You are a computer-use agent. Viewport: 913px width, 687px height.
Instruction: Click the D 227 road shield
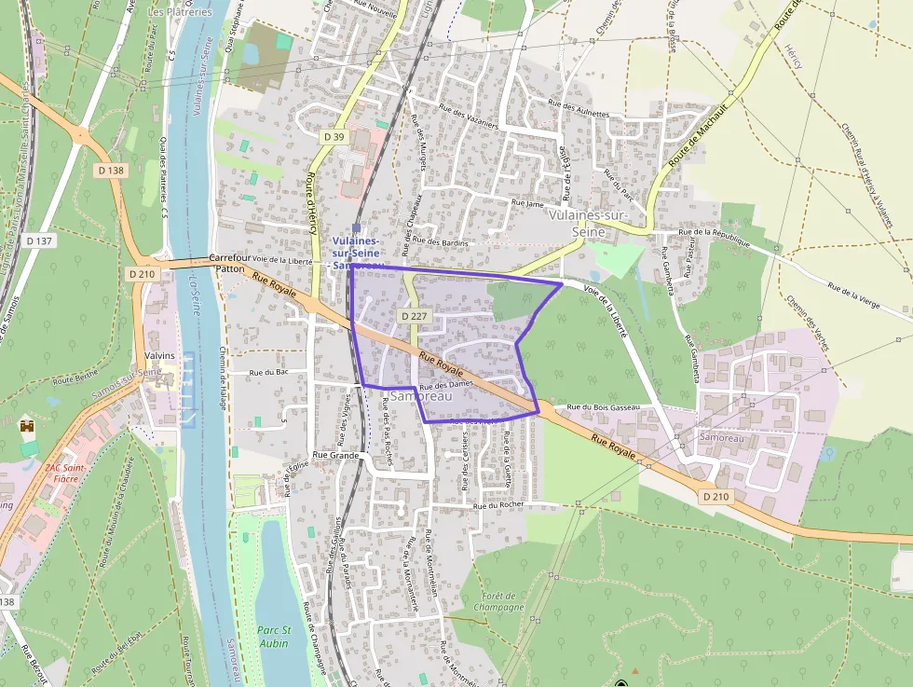point(413,317)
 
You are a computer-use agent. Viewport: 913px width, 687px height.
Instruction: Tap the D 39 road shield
point(334,137)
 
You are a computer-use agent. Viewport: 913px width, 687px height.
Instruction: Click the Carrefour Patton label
point(229,262)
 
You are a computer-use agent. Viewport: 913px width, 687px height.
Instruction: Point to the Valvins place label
point(160,355)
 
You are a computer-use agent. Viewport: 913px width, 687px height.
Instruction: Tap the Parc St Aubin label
point(274,636)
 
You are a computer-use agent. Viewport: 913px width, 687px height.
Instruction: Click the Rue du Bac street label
point(267,373)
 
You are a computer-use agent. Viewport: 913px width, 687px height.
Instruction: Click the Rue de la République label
point(715,232)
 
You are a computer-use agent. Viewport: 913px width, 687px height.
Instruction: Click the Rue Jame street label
point(527,202)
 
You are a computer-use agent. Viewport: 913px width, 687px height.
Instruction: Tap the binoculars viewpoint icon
point(27,425)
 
